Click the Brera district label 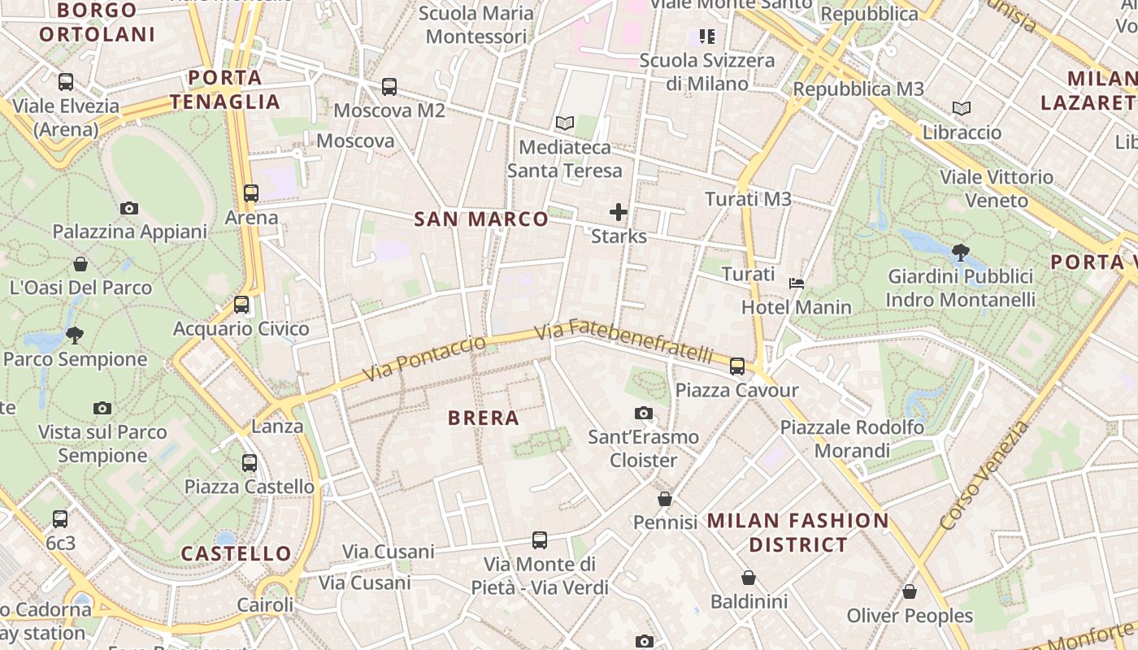(484, 418)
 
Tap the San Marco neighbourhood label (481, 219)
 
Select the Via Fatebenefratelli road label (624, 342)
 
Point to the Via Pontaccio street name (423, 357)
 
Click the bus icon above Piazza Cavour (737, 366)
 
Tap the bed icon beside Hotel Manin (797, 284)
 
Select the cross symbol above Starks (619, 213)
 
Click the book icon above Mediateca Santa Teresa (565, 123)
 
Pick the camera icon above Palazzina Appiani (129, 209)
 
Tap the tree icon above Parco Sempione (75, 335)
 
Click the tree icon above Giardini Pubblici (960, 252)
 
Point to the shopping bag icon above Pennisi (665, 499)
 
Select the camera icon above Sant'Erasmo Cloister (644, 414)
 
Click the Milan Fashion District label (798, 532)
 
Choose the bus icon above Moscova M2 (389, 87)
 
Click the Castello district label (236, 554)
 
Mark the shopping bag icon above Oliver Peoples (910, 592)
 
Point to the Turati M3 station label (748, 199)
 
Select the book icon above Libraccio (962, 109)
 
